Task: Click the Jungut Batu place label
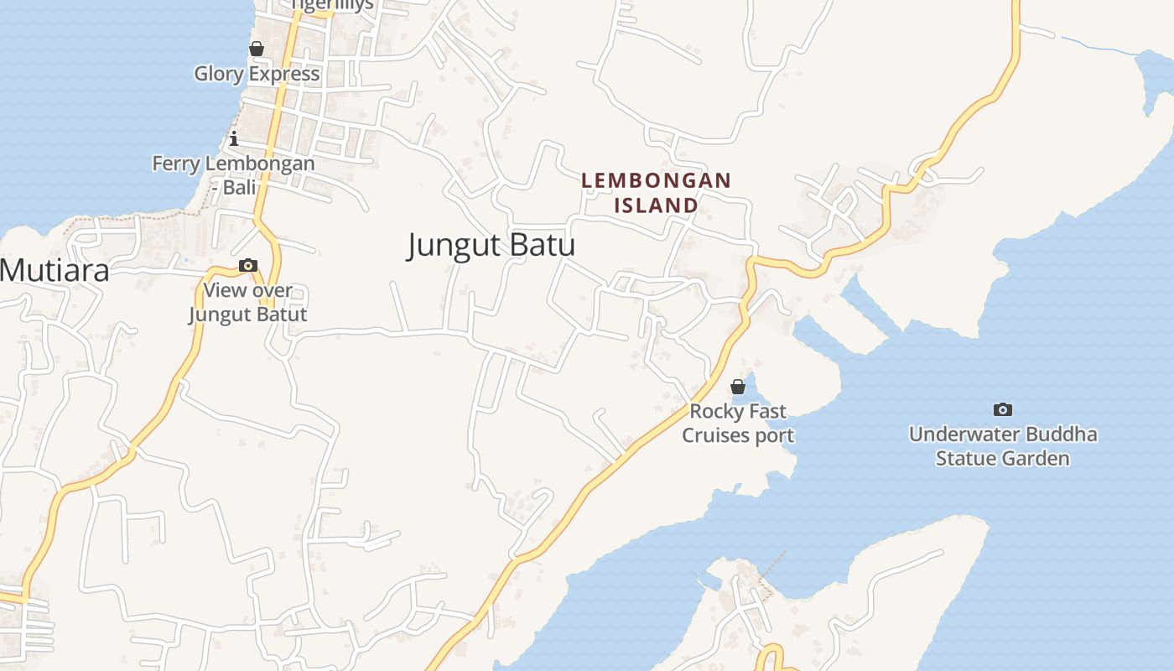pos(491,245)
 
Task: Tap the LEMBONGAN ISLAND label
pos(657,192)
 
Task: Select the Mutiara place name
pos(54,271)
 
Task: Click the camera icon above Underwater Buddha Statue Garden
pos(1002,410)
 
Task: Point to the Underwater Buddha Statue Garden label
pos(1003,446)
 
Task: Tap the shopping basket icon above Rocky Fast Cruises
pos(738,387)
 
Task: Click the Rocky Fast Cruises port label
pos(738,423)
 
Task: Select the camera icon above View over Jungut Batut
pos(248,266)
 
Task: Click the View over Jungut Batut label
pos(248,303)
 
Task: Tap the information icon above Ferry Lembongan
pos(234,138)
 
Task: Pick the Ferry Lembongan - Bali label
pos(233,175)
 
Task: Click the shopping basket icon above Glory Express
pos(257,49)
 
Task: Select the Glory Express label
pos(257,74)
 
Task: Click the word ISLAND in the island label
pos(657,205)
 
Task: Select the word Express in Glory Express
pos(284,74)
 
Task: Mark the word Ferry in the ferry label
pos(174,164)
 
